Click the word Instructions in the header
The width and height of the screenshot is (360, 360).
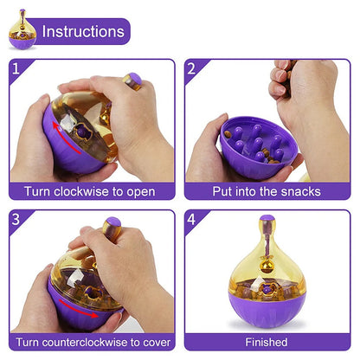82,32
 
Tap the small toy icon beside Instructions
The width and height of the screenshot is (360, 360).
22,32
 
